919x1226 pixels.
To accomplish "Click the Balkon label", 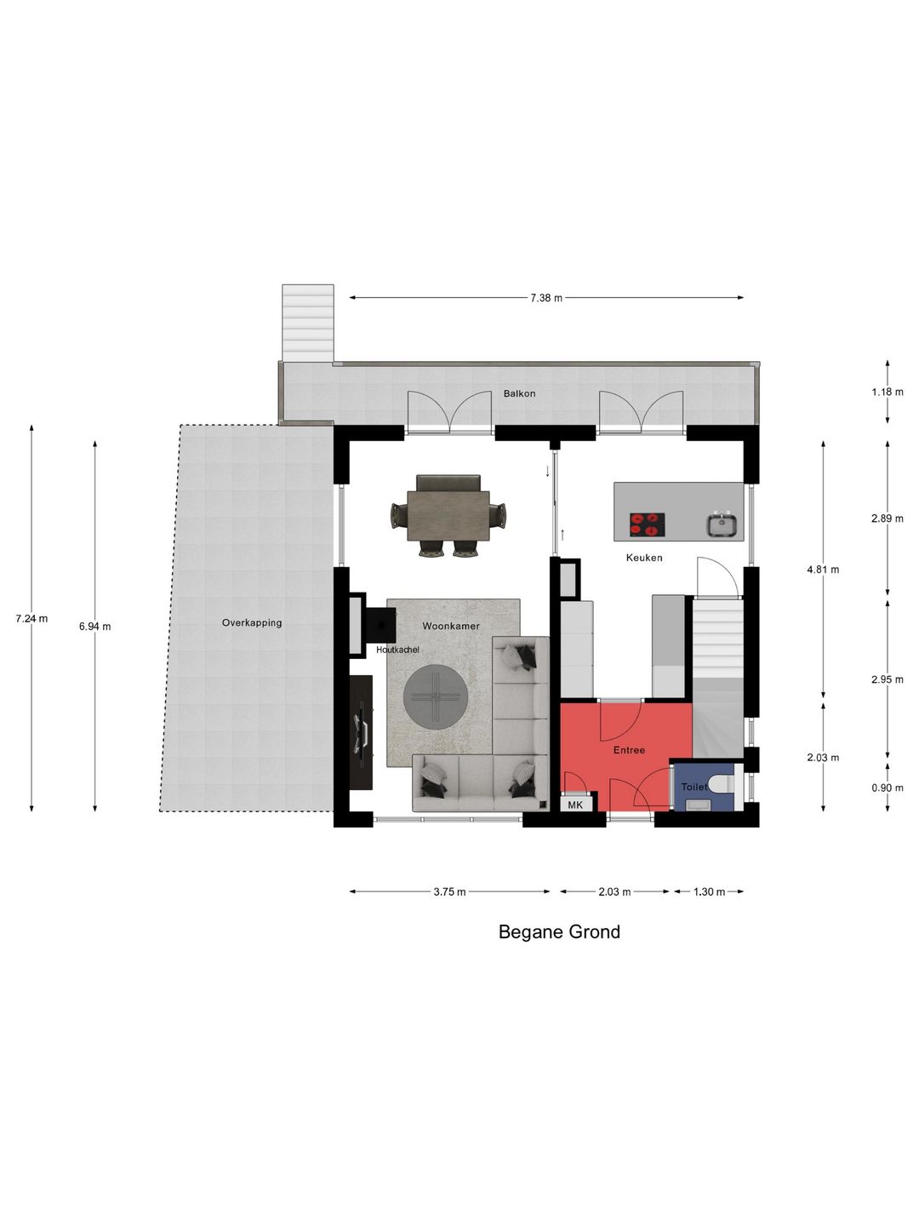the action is pyautogui.click(x=519, y=393).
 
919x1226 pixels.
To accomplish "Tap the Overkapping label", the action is pyautogui.click(x=252, y=622).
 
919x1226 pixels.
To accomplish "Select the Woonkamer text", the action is pyautogui.click(x=451, y=626).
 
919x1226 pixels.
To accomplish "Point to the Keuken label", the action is pyautogui.click(x=644, y=558).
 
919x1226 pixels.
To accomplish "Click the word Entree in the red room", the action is pyautogui.click(x=629, y=750).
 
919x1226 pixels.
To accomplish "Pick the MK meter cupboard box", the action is pyautogui.click(x=575, y=805).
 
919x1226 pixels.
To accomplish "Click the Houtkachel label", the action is pyautogui.click(x=397, y=650).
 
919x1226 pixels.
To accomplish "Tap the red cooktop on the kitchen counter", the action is pyautogui.click(x=648, y=524).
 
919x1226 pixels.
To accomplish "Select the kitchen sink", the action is pyautogui.click(x=722, y=525).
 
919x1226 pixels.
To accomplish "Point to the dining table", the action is pyautogui.click(x=448, y=516).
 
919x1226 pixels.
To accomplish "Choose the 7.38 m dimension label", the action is pyautogui.click(x=546, y=298).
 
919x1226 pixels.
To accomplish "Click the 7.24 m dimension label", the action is pyautogui.click(x=31, y=618).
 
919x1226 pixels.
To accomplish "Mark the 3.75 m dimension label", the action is pyautogui.click(x=449, y=892).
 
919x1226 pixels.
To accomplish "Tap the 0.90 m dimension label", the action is pyautogui.click(x=888, y=788).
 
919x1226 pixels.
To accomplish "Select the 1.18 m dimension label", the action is pyautogui.click(x=888, y=392).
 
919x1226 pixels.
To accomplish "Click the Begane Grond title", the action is pyautogui.click(x=559, y=932).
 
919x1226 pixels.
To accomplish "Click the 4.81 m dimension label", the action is pyautogui.click(x=823, y=570).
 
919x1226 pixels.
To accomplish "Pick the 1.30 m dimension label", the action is pyautogui.click(x=709, y=892).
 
